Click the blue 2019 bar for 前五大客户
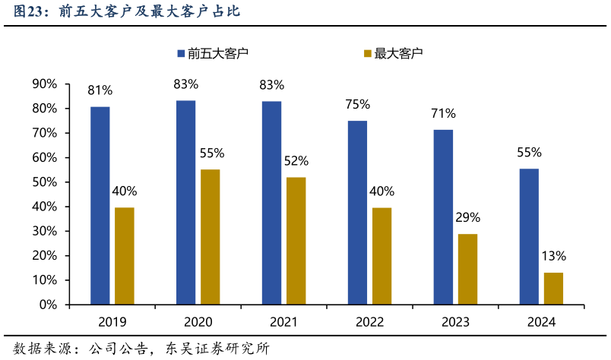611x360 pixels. pyautogui.click(x=100, y=205)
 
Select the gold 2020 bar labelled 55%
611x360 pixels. pyautogui.click(x=210, y=236)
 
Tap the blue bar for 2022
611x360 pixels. pyautogui.click(x=357, y=212)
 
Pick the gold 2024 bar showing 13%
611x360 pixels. pyautogui.click(x=553, y=288)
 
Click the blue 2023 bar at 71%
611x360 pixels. pyautogui.click(x=443, y=216)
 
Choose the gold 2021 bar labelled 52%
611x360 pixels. pyautogui.click(x=296, y=240)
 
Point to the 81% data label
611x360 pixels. pyautogui.click(x=100, y=90)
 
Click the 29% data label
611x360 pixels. pyautogui.click(x=467, y=217)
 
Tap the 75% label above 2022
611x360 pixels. pyautogui.click(x=357, y=104)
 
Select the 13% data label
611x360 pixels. pyautogui.click(x=553, y=256)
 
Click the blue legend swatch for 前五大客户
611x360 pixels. pyautogui.click(x=181, y=53)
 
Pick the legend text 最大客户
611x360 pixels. pyautogui.click(x=398, y=53)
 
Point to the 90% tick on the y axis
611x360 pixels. pyautogui.click(x=44, y=84)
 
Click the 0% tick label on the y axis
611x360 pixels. pyautogui.click(x=48, y=305)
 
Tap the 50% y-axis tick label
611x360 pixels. pyautogui.click(x=44, y=182)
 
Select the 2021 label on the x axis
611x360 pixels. pyautogui.click(x=283, y=322)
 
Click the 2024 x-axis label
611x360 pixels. pyautogui.click(x=541, y=322)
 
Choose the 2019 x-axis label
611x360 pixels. pyautogui.click(x=112, y=322)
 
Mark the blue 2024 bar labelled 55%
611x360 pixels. pyautogui.click(x=529, y=236)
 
